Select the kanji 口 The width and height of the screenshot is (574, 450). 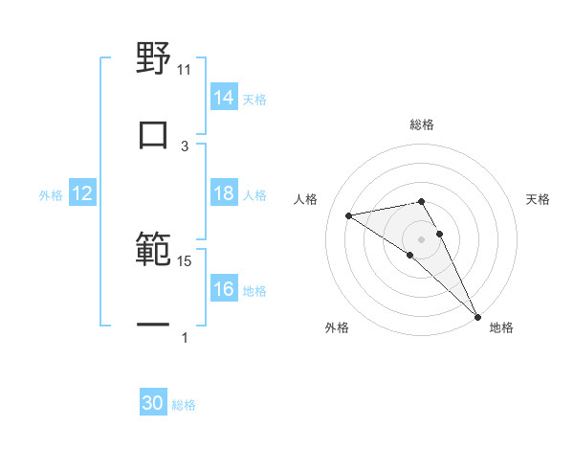pyautogui.click(x=153, y=134)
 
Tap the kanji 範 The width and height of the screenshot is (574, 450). pyautogui.click(x=153, y=250)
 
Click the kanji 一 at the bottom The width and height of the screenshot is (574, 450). pyautogui.click(x=153, y=326)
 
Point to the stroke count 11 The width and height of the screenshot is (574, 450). pyautogui.click(x=185, y=70)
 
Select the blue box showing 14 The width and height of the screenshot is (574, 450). pyautogui.click(x=224, y=97)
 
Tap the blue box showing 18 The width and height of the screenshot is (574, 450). pyautogui.click(x=224, y=193)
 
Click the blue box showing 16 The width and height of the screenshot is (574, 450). pyautogui.click(x=224, y=289)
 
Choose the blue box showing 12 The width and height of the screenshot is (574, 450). pyautogui.click(x=82, y=193)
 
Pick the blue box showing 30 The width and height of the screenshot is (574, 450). pyautogui.click(x=153, y=403)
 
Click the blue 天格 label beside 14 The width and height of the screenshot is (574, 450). pyautogui.click(x=254, y=98)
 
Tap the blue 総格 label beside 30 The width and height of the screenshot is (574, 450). pyautogui.click(x=184, y=404)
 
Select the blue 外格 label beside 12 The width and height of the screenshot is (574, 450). pyautogui.click(x=51, y=194)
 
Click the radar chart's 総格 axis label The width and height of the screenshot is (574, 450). pyautogui.click(x=422, y=124)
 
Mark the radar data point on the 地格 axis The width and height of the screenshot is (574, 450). pyautogui.click(x=477, y=316)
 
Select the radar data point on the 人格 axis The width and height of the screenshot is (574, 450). pyautogui.click(x=349, y=215)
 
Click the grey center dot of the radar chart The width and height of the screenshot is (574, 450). pyautogui.click(x=422, y=238)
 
